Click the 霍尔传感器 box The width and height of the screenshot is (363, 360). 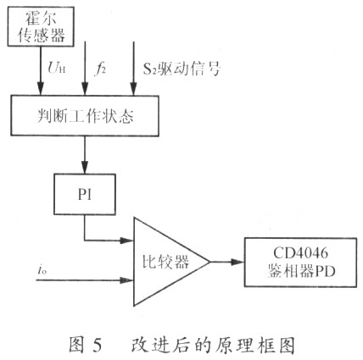point(41,26)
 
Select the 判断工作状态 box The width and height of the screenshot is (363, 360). point(85,115)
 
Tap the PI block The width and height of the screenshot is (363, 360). point(85,194)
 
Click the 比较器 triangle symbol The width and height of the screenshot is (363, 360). point(171,262)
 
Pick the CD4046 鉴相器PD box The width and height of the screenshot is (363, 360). point(300,263)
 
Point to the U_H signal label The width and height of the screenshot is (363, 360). point(57,68)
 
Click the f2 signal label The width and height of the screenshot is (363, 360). point(100,69)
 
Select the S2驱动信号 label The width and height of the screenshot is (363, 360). point(181,69)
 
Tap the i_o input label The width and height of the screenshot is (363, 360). point(42,270)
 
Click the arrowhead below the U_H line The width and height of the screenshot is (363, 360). point(41,88)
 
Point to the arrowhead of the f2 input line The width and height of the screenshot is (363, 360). point(85,88)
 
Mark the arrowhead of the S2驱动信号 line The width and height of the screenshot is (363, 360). point(134,88)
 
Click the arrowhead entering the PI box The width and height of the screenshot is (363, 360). point(85,167)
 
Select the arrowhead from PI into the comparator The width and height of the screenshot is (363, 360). point(126,241)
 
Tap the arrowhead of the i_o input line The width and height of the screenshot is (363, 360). point(126,280)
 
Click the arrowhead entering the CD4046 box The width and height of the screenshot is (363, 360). point(237,262)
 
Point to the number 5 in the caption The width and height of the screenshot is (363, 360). point(97,345)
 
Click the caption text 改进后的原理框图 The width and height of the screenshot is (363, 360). point(213,345)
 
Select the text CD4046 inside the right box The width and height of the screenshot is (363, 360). point(301,253)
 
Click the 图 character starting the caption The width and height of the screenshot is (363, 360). point(76,345)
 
